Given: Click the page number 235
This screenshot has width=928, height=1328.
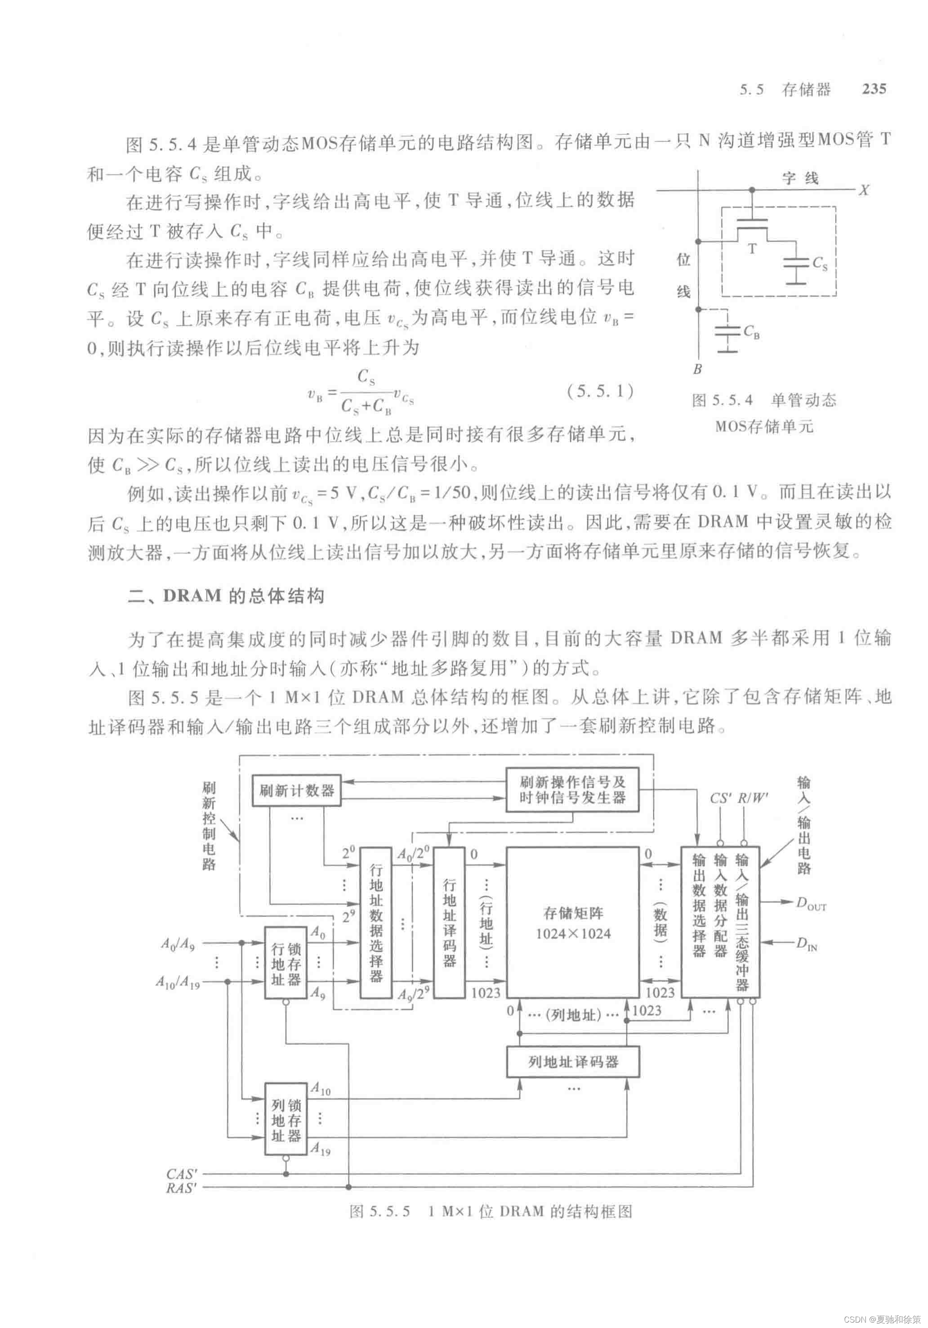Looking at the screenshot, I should [x=874, y=89].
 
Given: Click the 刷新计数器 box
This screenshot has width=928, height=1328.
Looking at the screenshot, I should [x=296, y=791].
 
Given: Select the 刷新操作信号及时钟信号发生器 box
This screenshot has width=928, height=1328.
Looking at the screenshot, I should [x=572, y=790].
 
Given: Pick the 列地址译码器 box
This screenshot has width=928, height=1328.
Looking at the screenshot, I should [x=572, y=1062].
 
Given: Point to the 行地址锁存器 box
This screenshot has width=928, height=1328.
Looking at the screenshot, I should [x=286, y=962].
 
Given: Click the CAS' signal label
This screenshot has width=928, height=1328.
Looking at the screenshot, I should [x=182, y=1174].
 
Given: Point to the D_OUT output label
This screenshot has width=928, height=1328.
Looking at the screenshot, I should [x=811, y=903].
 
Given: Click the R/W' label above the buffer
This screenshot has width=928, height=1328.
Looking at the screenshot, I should [x=752, y=798].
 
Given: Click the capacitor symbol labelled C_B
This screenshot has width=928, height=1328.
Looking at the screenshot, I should [x=728, y=333].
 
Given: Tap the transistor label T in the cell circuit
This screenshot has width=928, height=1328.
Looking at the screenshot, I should [x=752, y=249].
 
